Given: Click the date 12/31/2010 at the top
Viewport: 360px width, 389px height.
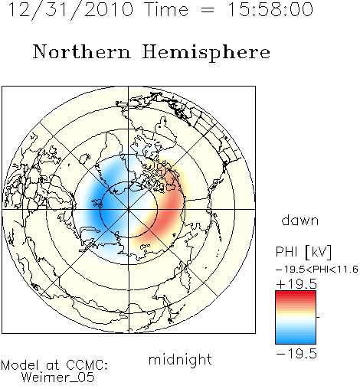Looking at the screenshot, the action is (70, 10).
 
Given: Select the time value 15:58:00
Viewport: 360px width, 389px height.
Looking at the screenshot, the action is (270, 10).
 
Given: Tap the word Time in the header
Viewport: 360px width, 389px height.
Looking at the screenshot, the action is (166, 10).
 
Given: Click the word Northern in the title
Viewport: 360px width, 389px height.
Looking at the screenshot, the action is (82, 52).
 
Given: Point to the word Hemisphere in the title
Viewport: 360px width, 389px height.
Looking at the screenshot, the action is (206, 53).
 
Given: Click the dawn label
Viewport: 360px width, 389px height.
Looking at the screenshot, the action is (300, 221).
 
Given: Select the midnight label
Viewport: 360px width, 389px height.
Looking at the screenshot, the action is (180, 359).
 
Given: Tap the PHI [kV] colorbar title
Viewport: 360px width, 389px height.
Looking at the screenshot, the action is (304, 252).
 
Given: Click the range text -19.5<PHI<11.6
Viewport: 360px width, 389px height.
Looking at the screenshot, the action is (317, 270).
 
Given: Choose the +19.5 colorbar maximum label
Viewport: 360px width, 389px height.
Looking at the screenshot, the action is (296, 284).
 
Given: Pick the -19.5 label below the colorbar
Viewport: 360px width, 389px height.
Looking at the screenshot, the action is (296, 354).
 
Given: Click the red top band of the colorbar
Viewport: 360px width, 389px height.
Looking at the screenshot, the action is (296, 293).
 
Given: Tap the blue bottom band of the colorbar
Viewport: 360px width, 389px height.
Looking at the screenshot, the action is (296, 341).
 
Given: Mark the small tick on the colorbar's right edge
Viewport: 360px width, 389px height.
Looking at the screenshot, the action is (318, 317).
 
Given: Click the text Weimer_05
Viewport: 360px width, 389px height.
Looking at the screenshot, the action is (58, 377).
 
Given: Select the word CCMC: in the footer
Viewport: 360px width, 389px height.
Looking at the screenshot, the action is (87, 364).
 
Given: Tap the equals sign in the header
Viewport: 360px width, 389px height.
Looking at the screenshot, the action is (208, 11).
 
